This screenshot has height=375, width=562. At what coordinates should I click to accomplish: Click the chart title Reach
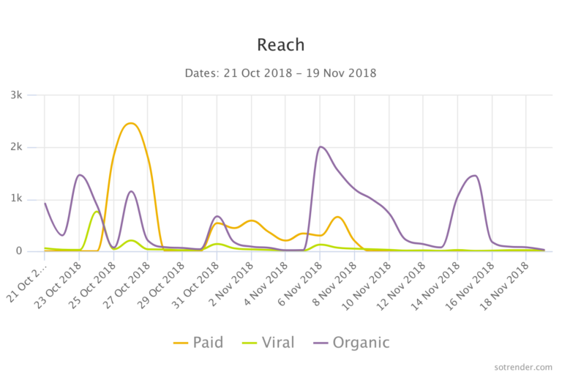click(x=280, y=45)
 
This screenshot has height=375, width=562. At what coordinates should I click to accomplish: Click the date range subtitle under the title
click(x=280, y=73)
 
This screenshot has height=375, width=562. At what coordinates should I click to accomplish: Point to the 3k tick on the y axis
click(x=27, y=95)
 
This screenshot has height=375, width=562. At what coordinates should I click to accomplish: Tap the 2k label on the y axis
click(x=27, y=147)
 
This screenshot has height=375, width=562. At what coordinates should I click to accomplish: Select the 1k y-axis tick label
click(x=27, y=199)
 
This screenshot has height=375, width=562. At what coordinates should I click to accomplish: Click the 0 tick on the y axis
click(x=31, y=251)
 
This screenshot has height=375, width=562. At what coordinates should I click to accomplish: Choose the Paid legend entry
click(x=199, y=342)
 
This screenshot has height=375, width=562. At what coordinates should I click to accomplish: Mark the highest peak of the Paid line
click(x=130, y=123)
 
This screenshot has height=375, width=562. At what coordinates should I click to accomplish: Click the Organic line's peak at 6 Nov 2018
click(x=321, y=146)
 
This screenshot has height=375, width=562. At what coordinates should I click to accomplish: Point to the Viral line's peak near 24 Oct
click(x=97, y=212)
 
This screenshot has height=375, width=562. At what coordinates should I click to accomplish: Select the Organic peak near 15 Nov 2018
click(x=475, y=176)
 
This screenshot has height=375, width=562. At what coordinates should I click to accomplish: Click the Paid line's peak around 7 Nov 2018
click(x=337, y=217)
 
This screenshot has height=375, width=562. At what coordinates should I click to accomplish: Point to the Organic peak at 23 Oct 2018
click(x=79, y=175)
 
